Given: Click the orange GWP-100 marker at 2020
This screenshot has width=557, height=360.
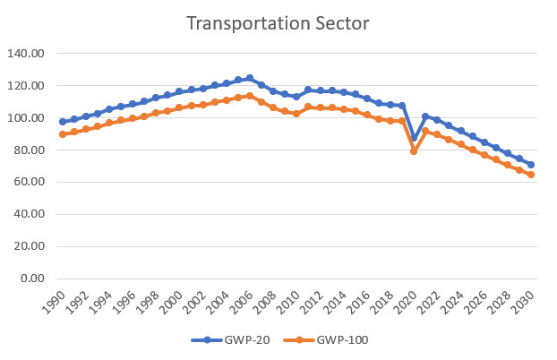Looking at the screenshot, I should [414, 151].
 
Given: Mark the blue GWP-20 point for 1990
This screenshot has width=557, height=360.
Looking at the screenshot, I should [63, 122].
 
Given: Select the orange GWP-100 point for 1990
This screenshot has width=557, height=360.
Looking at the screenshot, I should [63, 134].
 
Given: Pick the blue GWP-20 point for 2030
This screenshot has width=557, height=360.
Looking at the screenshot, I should [530, 165].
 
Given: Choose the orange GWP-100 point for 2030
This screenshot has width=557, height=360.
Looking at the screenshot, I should [530, 175].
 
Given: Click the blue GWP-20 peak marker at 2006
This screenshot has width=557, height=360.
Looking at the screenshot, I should [250, 78].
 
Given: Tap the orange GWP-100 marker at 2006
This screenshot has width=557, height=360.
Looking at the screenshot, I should [250, 96].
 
